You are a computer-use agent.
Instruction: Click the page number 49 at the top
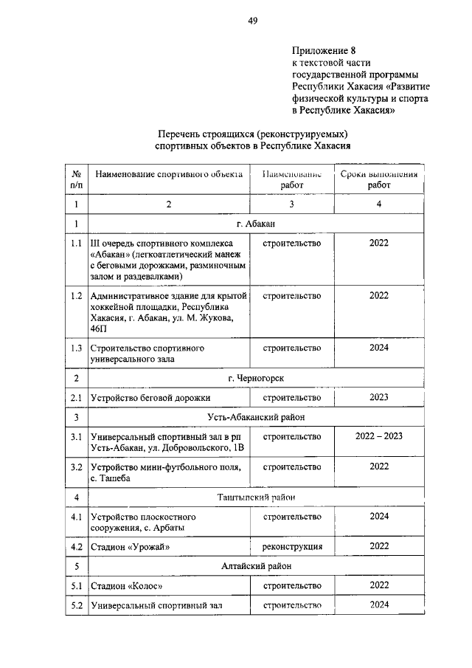point(252,21)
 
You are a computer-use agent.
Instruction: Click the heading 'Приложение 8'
point(324,51)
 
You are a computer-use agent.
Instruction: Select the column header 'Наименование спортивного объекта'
point(168,175)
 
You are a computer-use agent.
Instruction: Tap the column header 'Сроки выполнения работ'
point(379,180)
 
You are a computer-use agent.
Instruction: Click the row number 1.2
point(76,296)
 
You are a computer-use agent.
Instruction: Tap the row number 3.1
point(76,437)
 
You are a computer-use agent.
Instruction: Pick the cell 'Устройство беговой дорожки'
point(150,398)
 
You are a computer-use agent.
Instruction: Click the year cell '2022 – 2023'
point(379,437)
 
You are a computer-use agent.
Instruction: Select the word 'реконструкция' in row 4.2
point(292,547)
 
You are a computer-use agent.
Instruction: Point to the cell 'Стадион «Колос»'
point(126,586)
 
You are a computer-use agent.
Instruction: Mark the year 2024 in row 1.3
point(379,348)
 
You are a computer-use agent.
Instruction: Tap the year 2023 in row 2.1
point(379,398)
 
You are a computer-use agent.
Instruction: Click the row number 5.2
point(76,606)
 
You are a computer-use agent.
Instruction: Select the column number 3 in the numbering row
point(292,204)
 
